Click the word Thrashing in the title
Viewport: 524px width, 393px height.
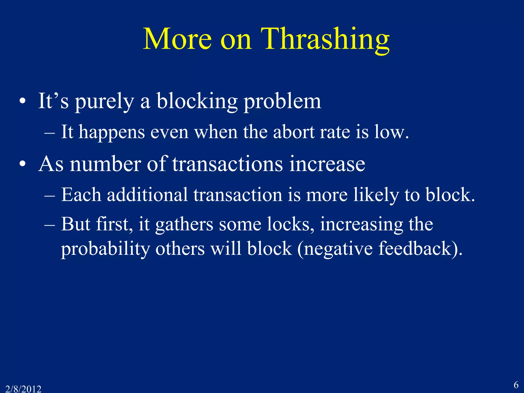325,40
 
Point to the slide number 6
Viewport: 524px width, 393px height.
516,385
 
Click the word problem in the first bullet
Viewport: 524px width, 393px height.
282,102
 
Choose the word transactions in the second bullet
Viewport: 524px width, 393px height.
227,164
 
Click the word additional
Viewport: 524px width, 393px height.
147,195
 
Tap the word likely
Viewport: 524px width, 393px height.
376,195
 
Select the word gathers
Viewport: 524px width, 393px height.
184,225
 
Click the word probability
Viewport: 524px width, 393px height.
105,249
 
